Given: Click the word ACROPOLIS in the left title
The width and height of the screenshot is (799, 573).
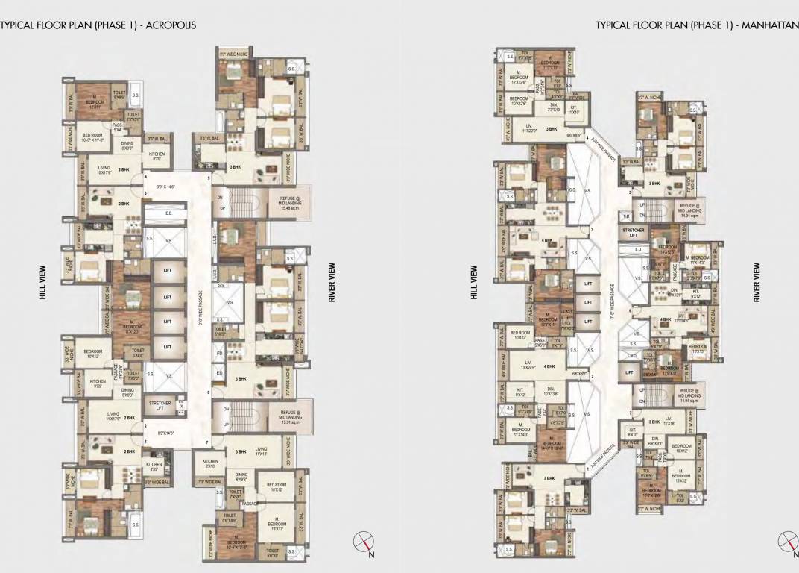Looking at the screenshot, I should tap(174, 25).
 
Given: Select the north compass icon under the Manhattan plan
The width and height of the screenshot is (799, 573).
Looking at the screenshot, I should tap(788, 542).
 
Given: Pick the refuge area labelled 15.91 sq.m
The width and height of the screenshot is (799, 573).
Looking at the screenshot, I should tap(289, 417).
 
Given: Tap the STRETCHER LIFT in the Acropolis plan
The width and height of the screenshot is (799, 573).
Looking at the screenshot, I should tap(160, 406).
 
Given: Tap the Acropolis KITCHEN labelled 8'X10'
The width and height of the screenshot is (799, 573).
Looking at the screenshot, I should tap(211, 463).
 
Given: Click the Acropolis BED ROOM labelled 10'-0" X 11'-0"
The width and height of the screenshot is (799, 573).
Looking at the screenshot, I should tap(96, 138).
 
